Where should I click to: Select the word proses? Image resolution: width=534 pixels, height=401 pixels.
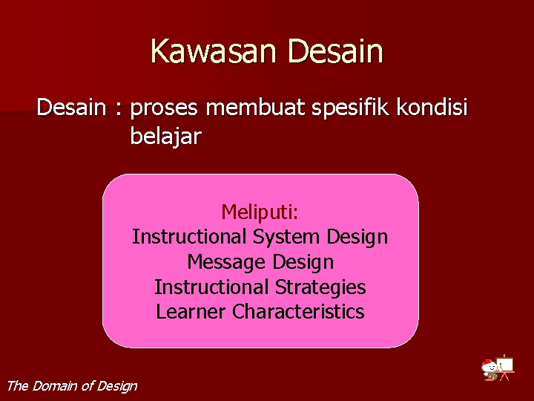point(164,109)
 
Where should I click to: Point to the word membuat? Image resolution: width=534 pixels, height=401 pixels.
point(254,108)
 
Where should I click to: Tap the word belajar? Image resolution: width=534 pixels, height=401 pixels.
point(165,137)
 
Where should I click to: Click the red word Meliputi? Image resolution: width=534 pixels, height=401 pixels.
point(260,212)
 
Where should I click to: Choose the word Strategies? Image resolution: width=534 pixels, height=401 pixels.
point(320,287)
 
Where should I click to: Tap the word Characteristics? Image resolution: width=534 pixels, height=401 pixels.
point(298,312)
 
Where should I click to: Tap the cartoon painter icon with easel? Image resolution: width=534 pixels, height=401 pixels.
point(497,368)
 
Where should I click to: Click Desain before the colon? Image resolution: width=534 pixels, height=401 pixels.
point(71,108)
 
